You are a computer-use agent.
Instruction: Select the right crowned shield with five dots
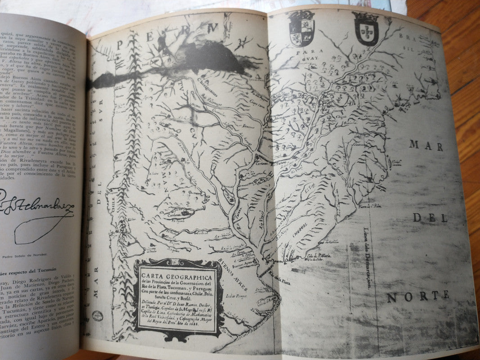[x=366, y=29]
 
